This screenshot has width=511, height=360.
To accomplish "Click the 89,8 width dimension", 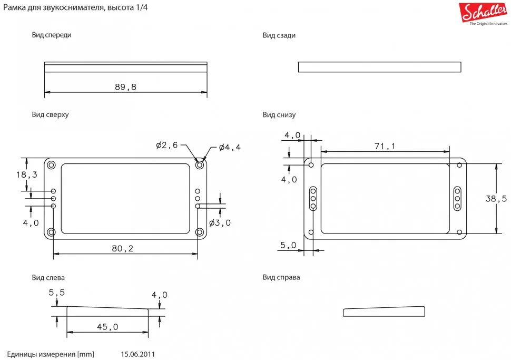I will (125, 87).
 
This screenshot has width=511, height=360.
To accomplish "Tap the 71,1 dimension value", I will (385, 147).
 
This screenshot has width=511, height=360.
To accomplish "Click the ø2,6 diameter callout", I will (168, 145).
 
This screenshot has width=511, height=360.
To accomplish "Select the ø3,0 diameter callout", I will (220, 222).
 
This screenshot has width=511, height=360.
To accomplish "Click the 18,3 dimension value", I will (27, 174).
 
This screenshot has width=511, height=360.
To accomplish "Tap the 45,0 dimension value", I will (107, 327).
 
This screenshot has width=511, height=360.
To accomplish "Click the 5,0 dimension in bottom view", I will (289, 245).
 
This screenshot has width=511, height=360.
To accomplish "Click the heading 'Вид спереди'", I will (51, 35).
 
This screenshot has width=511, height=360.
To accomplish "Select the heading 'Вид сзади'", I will (279, 35).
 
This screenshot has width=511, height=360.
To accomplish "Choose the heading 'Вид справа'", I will (281, 277).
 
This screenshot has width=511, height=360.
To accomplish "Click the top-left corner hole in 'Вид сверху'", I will (52, 165).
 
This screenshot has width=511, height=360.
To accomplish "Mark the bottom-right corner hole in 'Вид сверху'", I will (200, 232).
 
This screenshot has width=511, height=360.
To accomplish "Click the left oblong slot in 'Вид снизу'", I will (313, 198).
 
